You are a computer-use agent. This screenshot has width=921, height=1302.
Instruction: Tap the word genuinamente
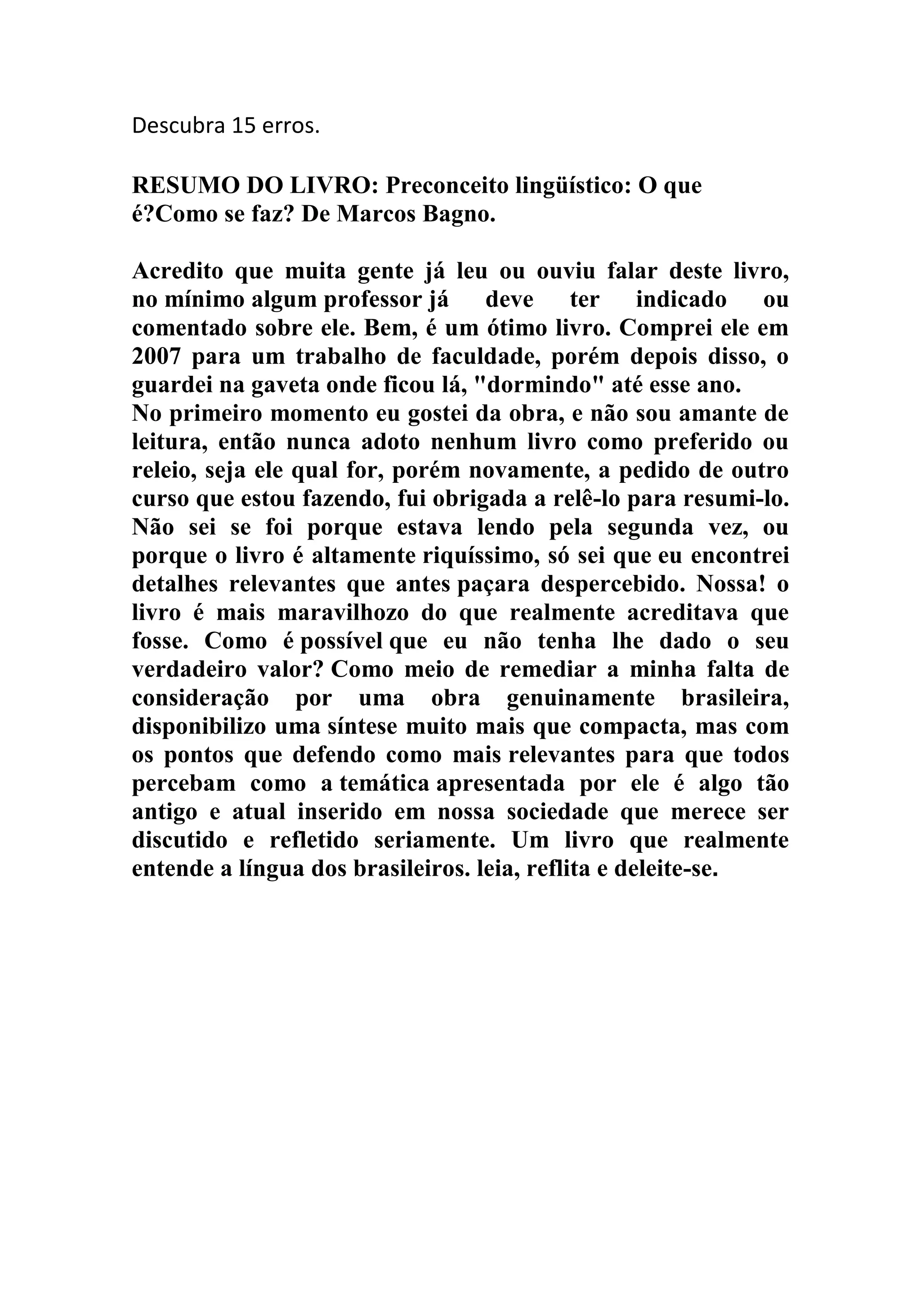(580, 698)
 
